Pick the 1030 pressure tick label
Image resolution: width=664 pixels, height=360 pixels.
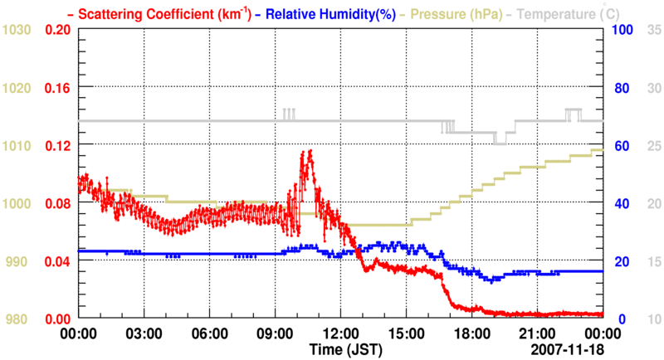pos(16,30)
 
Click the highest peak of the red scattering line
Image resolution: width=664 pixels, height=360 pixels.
pos(309,151)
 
